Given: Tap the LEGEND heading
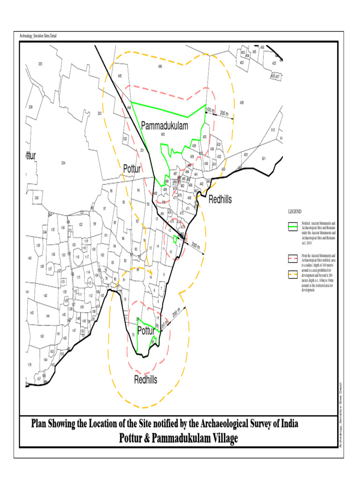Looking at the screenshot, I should pos(295,212).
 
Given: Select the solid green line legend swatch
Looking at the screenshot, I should pos(293,226).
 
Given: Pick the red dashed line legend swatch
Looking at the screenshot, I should pos(293,258).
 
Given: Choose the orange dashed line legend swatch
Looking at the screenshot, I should pos(293,274).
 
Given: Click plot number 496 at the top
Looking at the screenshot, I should pos(160,67).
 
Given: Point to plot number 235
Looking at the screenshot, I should pos(40,64).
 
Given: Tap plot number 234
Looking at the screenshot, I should pos(63,163).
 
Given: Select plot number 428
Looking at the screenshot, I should pos(242,102).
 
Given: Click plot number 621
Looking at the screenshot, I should pos(263,158).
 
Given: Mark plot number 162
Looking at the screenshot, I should pos(42,336).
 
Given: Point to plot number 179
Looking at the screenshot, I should pos(29,365).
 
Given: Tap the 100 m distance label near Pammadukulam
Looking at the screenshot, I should pos(210,111).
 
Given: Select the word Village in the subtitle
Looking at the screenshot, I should pos(220,439).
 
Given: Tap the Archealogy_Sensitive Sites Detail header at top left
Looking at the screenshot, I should pos(38,36).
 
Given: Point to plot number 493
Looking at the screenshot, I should pos(163,135).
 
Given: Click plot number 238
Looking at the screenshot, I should pos(30,107).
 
